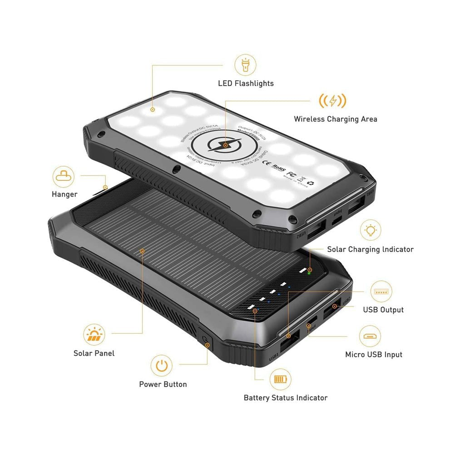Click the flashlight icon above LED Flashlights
click(245, 65)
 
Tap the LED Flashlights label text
click(246, 84)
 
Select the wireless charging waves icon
click(332, 100)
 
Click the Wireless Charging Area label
click(335, 119)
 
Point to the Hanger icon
click(64, 177)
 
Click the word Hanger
click(64, 194)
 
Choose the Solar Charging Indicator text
click(370, 249)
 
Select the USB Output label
click(383, 310)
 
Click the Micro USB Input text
click(374, 355)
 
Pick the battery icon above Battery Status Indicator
click(281, 379)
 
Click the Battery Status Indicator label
click(285, 398)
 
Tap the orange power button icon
click(162, 365)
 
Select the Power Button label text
click(163, 385)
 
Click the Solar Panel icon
click(94, 335)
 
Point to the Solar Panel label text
click(94, 353)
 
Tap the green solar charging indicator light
click(309, 273)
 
